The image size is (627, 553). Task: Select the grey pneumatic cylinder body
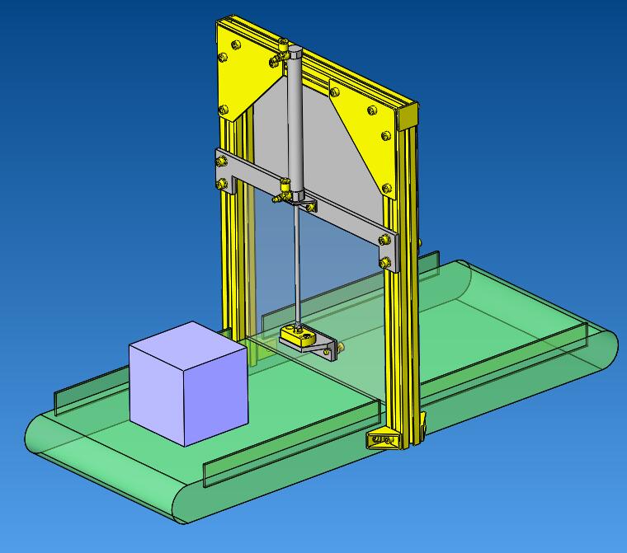pos(295,124)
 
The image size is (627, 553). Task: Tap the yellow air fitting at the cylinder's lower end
pos(285,194)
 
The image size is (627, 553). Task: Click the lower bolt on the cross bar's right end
pos(384,262)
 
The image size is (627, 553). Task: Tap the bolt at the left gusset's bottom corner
pos(223,110)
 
